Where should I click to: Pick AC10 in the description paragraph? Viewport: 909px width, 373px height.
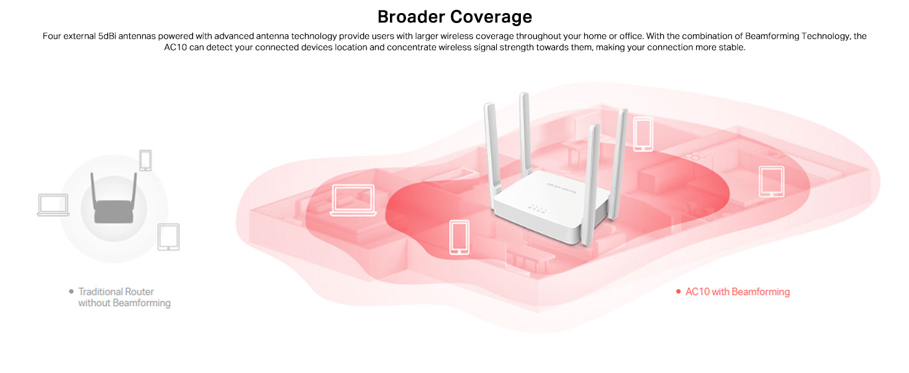[x=176, y=48]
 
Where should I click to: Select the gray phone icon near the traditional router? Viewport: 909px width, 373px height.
[x=145, y=160]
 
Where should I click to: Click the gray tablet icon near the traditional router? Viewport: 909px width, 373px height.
[x=168, y=237]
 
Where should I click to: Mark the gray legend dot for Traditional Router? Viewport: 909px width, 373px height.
[x=71, y=291]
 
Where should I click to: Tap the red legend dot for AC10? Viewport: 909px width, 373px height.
[x=678, y=292]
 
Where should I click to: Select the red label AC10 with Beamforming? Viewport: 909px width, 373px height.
[x=737, y=292]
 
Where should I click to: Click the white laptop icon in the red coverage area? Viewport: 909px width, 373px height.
[x=354, y=200]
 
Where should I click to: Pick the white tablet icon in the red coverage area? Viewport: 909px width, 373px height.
[x=771, y=182]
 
